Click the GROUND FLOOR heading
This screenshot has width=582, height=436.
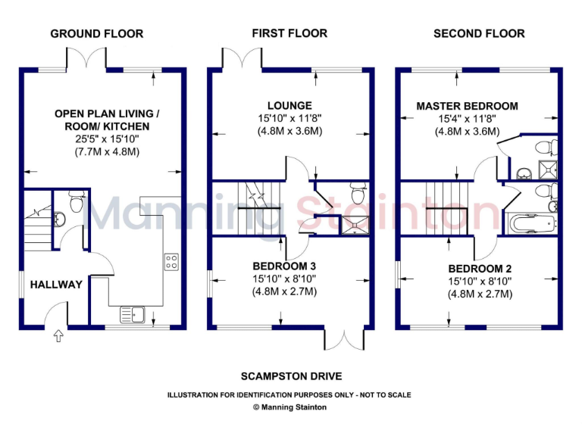96,33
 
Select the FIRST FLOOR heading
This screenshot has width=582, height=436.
289,33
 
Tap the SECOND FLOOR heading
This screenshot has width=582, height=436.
478,33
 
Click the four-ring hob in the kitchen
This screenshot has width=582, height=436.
172,263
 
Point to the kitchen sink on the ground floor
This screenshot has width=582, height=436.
132,313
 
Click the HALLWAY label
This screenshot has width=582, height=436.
56,285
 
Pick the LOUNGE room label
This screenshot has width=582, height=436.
289,105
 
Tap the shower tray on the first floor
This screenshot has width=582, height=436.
353,223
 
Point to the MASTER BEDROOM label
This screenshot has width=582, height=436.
468,106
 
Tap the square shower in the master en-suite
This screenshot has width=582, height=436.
546,168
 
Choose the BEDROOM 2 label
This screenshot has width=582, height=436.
479,269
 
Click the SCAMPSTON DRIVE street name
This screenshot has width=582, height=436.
291,376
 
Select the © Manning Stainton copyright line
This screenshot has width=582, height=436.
291,407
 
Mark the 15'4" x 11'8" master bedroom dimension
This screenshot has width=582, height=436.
468,119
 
